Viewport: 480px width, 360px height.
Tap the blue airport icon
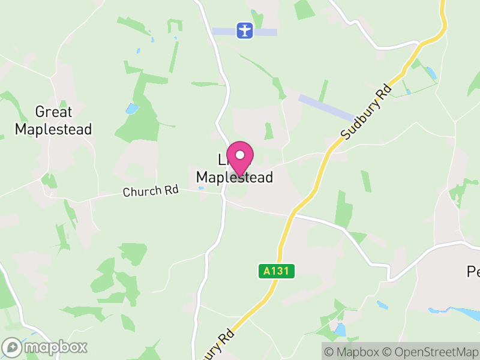[244, 31]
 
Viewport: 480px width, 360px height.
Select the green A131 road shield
[277, 271]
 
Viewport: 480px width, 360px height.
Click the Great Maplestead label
[53, 120]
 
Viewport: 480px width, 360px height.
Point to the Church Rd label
[151, 191]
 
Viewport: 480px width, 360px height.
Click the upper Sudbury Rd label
[366, 112]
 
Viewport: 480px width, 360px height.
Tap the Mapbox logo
[45, 347]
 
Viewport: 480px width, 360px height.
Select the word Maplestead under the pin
[235, 178]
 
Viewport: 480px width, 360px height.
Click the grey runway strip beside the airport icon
[264, 32]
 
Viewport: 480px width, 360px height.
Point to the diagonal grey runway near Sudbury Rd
[326, 107]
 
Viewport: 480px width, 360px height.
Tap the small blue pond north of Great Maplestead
[131, 109]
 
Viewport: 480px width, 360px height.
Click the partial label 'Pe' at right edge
[473, 272]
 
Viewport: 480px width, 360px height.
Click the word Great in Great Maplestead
[53, 112]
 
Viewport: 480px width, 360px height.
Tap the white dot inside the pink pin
[240, 154]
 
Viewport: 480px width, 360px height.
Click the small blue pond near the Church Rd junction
[200, 188]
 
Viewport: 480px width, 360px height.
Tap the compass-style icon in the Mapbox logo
[12, 347]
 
